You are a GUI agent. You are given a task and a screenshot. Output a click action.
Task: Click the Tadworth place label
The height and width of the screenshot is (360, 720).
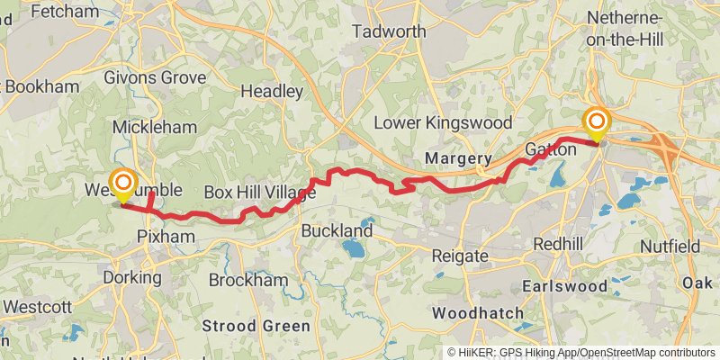pyautogui.click(x=389, y=31)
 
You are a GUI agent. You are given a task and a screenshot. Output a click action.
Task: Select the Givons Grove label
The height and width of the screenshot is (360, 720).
pyautogui.click(x=154, y=77)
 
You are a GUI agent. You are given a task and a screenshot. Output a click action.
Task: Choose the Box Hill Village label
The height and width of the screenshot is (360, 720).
pyautogui.click(x=259, y=193)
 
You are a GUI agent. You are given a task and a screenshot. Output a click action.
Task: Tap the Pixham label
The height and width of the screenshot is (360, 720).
pyautogui.click(x=160, y=236)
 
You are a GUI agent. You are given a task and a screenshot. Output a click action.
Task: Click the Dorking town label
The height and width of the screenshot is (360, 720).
pyautogui.click(x=131, y=277)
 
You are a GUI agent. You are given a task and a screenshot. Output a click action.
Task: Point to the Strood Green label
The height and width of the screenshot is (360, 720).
pyautogui.click(x=256, y=326)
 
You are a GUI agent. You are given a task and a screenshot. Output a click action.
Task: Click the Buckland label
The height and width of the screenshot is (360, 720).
pyautogui.click(x=337, y=231)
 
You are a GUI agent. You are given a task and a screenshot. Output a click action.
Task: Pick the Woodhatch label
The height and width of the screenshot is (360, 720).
pyautogui.click(x=478, y=313)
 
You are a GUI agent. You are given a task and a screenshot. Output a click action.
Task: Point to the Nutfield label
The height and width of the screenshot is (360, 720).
pyautogui.click(x=670, y=246)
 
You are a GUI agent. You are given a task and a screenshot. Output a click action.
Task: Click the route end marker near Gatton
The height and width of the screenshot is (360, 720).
pyautogui.click(x=597, y=123)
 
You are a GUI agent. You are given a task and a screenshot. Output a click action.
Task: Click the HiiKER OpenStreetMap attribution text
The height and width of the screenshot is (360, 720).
pyautogui.click(x=581, y=352)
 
